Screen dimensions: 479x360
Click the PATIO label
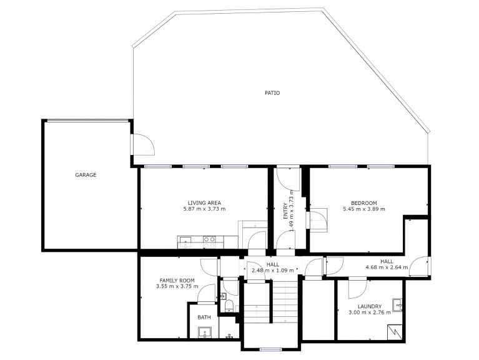(272, 93)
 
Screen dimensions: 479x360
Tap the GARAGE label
(86, 175)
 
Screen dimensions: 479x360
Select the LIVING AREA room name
(204, 202)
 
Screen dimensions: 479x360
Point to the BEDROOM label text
(364, 202)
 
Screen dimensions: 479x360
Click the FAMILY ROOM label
(177, 280)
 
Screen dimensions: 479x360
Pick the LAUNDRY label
(370, 306)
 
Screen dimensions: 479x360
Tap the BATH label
(204, 317)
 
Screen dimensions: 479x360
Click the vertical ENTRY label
(285, 211)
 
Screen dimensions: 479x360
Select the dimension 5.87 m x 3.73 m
(204, 209)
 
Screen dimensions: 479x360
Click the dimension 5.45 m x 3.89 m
(364, 209)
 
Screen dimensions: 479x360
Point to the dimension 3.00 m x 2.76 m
(370, 312)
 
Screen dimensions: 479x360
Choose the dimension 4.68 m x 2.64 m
(387, 267)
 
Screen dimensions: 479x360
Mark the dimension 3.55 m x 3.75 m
(177, 286)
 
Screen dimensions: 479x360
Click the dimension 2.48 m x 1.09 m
(273, 271)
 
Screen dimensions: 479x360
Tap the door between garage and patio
(142, 144)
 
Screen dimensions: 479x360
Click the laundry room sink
(397, 304)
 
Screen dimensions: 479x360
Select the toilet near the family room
(229, 306)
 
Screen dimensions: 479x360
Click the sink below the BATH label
(205, 332)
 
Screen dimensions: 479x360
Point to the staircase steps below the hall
(285, 302)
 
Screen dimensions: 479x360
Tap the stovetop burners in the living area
(210, 242)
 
